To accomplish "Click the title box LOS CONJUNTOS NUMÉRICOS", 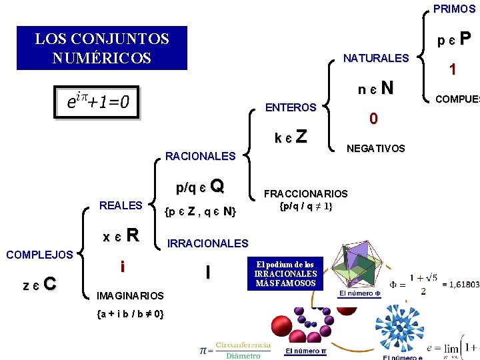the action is click(x=102, y=48).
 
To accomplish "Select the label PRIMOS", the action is click(x=454, y=9).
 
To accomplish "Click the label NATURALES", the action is click(x=375, y=58).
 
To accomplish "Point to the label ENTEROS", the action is click(x=291, y=107).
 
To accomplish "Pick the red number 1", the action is click(x=453, y=69).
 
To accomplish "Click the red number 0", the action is click(x=374, y=119).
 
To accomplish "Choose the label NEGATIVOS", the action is click(x=375, y=149).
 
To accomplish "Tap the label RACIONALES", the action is click(x=200, y=157).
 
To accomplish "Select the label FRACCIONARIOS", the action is click(x=306, y=194).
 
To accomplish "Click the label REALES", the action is click(x=120, y=205).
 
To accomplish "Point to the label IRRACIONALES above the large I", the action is click(x=207, y=244).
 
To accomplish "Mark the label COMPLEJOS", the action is click(x=39, y=255).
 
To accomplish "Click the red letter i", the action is click(x=122, y=267).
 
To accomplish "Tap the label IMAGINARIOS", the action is click(x=130, y=295).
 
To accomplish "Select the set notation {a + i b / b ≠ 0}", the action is click(x=131, y=313).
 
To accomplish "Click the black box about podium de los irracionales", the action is click(x=285, y=273).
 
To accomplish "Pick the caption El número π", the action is click(x=305, y=351).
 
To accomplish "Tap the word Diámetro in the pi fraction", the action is click(x=243, y=355).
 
